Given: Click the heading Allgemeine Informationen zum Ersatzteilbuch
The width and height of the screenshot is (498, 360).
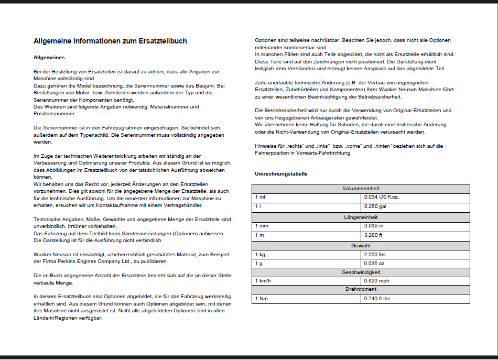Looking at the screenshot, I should [110, 41].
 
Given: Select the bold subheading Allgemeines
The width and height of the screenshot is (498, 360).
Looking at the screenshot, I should [49, 57].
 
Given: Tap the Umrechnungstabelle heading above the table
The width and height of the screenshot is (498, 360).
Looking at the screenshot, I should [281, 173].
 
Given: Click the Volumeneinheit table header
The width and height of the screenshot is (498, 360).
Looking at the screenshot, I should [361, 188].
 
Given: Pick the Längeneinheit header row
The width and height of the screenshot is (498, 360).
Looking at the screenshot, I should [361, 217].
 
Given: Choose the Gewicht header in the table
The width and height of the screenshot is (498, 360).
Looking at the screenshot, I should [361, 245].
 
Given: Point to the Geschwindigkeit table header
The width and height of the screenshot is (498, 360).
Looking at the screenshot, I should [361, 272].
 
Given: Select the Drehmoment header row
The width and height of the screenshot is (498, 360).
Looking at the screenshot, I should [361, 289].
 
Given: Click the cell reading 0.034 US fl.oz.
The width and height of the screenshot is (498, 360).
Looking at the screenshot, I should [382, 197].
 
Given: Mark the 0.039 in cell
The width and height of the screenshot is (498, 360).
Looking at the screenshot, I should [373, 225].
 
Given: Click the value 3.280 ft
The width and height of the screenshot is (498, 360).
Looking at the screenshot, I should [373, 235].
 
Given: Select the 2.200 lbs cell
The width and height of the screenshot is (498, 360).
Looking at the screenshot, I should [374, 254].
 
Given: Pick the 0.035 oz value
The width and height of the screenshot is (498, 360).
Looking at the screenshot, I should [374, 264].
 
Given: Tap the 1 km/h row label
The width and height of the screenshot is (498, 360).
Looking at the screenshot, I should [263, 281].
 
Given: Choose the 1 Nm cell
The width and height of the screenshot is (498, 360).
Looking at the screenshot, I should [261, 299].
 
